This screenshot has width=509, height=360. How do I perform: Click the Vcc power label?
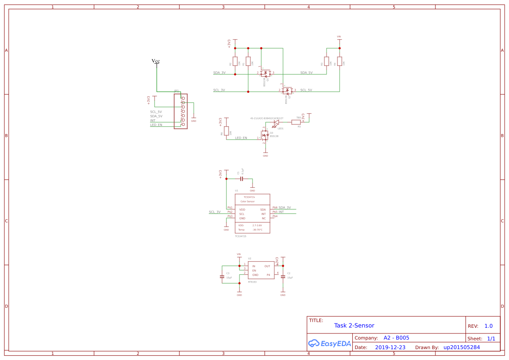pyautogui.click(x=156, y=61)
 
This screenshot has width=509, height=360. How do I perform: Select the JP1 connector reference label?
pyautogui.click(x=176, y=91)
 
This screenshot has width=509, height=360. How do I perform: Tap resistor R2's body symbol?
pyautogui.click(x=235, y=61)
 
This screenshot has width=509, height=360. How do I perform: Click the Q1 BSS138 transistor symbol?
pyautogui.click(x=266, y=73)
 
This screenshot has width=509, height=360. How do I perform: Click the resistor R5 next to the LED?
pyautogui.click(x=296, y=122)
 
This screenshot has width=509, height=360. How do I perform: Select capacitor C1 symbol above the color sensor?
pyautogui.click(x=241, y=178)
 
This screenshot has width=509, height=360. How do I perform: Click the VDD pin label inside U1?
pyautogui.click(x=242, y=210)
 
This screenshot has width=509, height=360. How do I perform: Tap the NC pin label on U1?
pyautogui.click(x=263, y=218)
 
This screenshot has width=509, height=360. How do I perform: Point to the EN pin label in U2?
pyautogui.click(x=254, y=271)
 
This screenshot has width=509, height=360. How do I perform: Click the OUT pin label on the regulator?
pyautogui.click(x=267, y=266)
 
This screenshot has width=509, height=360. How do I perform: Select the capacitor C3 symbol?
pyautogui.click(x=222, y=277)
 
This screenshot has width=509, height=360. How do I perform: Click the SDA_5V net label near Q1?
pyautogui.click(x=306, y=73)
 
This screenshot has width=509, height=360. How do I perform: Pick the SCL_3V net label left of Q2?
pyautogui.click(x=219, y=90)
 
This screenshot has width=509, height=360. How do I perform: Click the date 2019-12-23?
pyautogui.click(x=390, y=347)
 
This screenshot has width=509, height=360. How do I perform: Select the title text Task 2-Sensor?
pyautogui.click(x=354, y=326)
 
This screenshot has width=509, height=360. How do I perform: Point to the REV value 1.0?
pyautogui.click(x=489, y=326)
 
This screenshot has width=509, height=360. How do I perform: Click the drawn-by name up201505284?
pyautogui.click(x=462, y=347)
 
